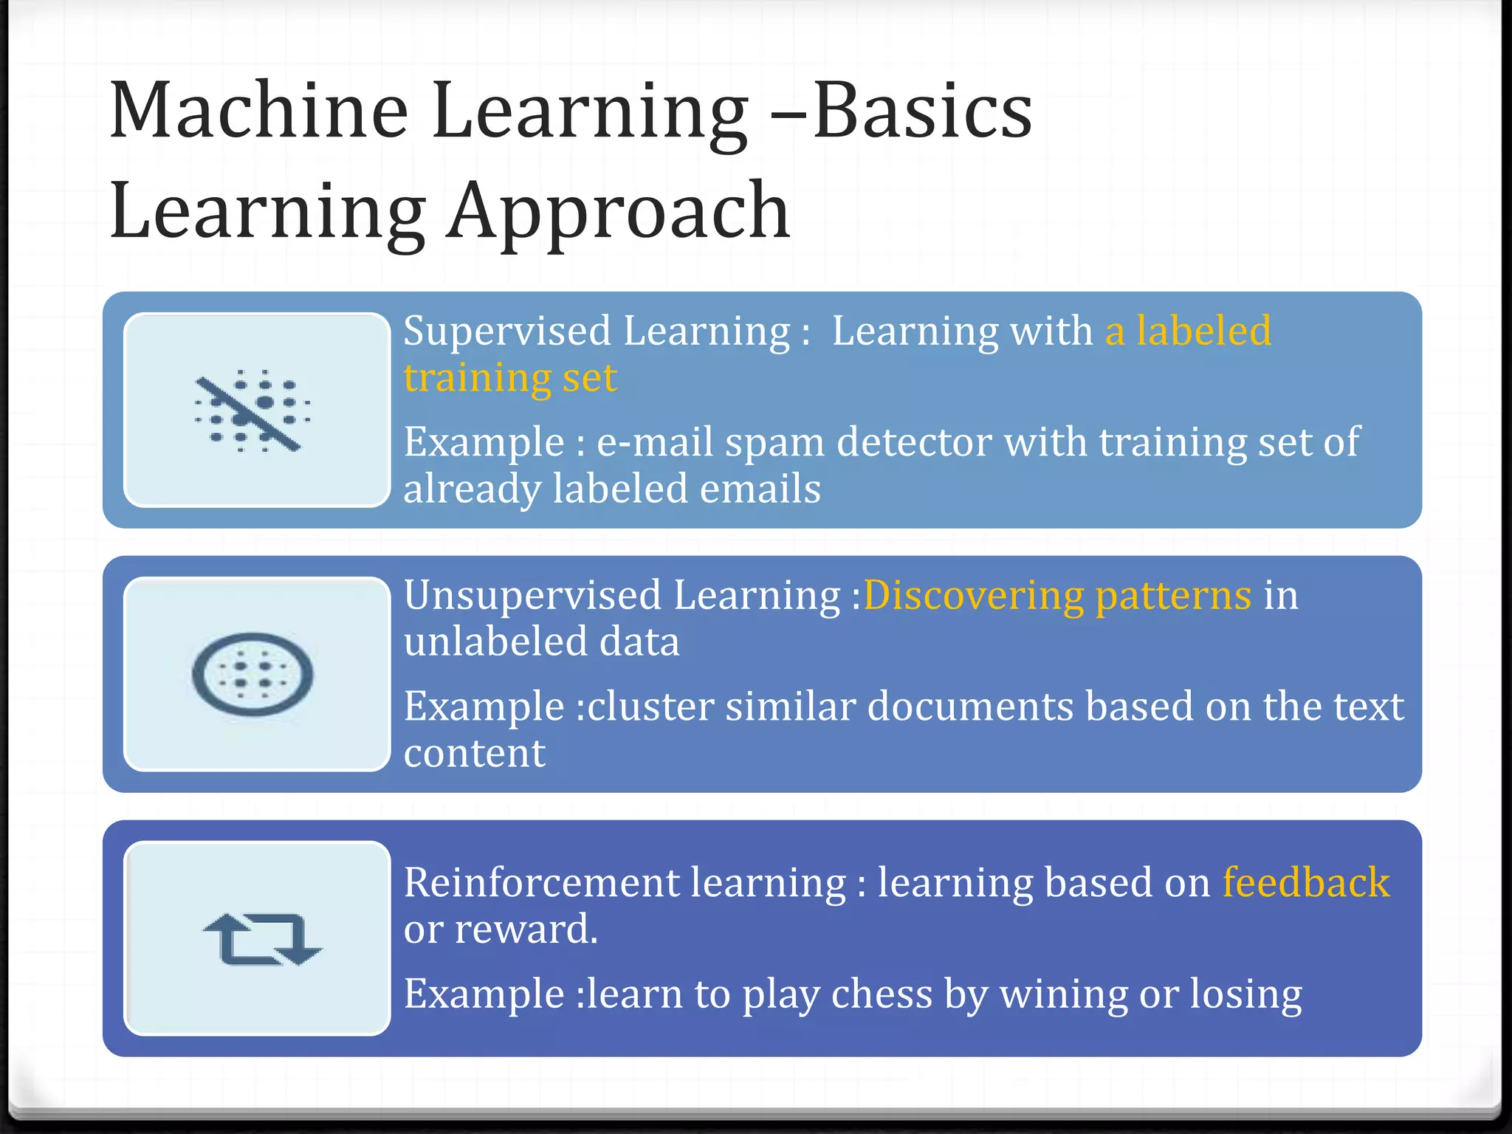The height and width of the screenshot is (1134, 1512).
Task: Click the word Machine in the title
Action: point(258,111)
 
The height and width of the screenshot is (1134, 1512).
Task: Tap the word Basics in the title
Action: point(923,111)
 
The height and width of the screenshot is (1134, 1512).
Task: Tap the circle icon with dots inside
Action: point(252,674)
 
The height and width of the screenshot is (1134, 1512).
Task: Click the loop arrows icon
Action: point(262,939)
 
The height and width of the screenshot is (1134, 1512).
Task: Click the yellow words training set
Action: point(509,378)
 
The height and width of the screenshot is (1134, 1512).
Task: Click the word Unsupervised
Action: point(532,595)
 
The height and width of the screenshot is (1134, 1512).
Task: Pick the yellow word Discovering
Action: point(974,595)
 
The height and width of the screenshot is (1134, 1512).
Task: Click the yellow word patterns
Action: point(1173,595)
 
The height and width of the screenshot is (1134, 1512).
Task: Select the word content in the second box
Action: point(474,753)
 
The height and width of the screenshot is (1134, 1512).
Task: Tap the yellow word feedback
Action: point(1306,883)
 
